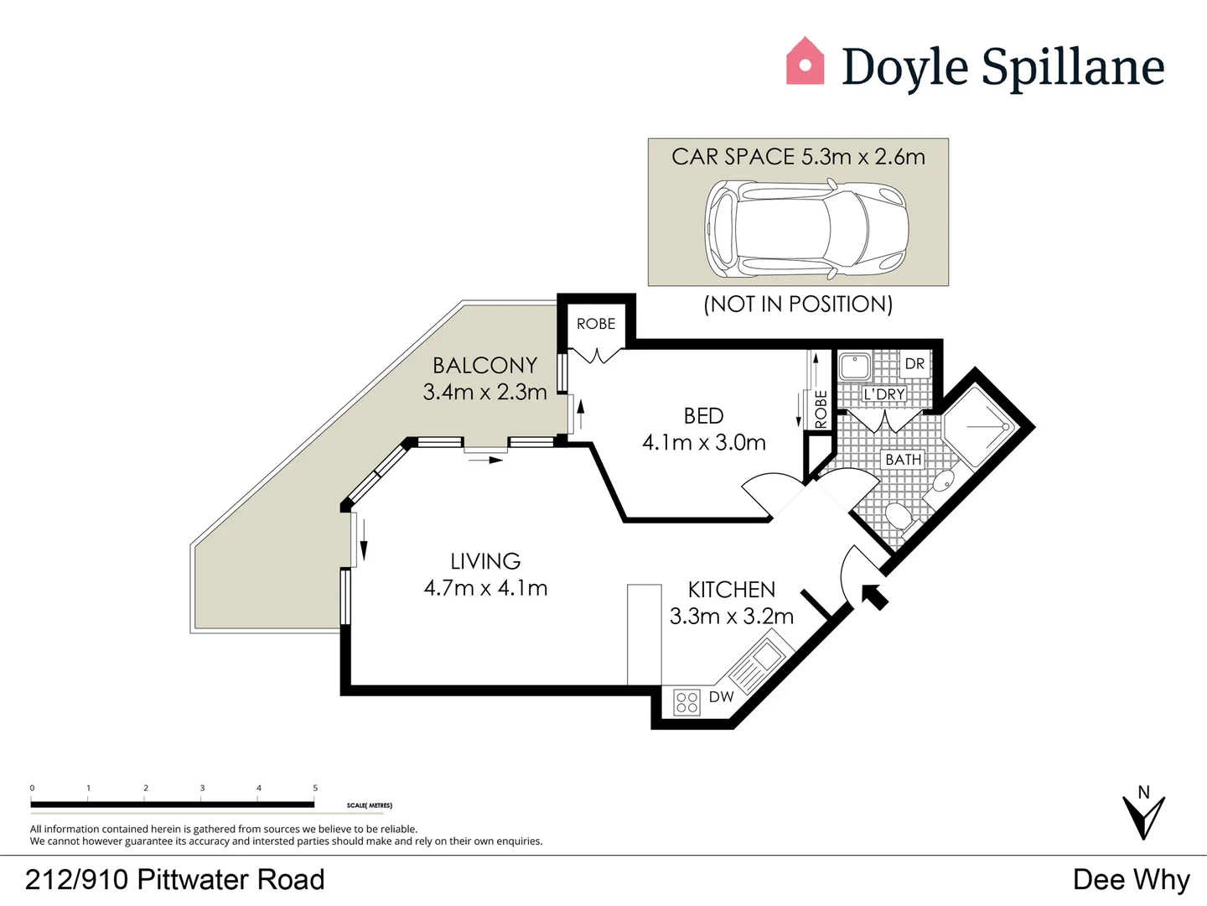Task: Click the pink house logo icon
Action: [x=805, y=62]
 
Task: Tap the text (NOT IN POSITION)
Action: [x=798, y=304]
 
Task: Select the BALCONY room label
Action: [x=484, y=366]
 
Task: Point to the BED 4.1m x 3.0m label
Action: [x=704, y=429]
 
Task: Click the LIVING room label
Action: [x=485, y=561]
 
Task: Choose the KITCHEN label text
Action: [x=731, y=590]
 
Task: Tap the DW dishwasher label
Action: [x=721, y=697]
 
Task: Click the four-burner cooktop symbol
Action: [x=686, y=702]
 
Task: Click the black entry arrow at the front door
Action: [x=873, y=596]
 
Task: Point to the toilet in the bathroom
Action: [x=899, y=516]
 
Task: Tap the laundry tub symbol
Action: [x=855, y=367]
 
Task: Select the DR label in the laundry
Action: [x=914, y=364]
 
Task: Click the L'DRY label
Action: [x=884, y=394]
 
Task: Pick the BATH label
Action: [x=903, y=460]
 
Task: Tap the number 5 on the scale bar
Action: [x=315, y=788]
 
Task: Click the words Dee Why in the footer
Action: [x=1131, y=879]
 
